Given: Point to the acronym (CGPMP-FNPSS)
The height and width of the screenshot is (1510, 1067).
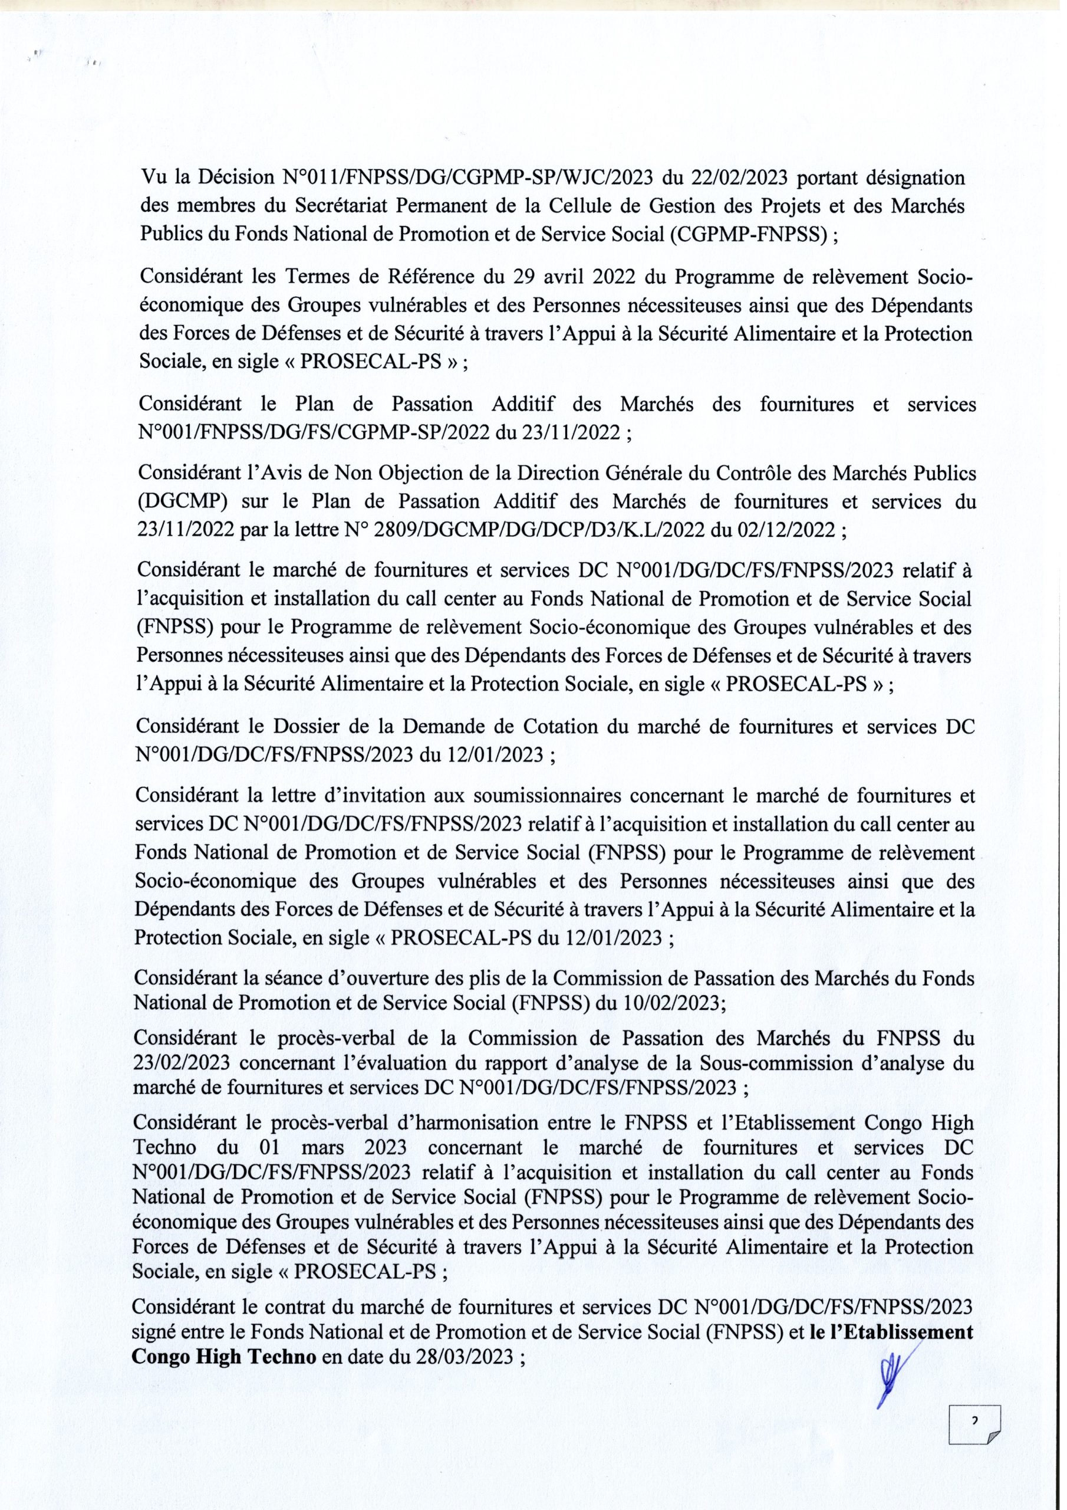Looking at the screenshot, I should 747,235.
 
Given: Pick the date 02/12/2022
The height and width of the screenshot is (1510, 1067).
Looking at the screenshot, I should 780,530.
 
